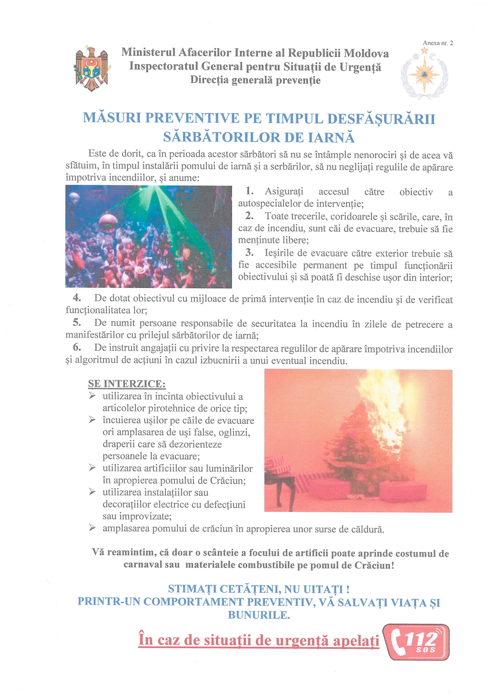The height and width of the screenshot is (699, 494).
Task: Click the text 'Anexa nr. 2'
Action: coord(438,43)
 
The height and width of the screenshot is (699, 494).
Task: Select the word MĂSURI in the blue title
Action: coord(112,118)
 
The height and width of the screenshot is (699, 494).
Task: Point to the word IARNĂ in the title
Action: coord(331,137)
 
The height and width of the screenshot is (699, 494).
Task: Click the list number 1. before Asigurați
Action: coord(249,191)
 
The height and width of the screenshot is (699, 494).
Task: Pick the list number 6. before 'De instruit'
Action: coord(77,347)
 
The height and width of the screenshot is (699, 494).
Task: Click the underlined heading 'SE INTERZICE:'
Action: coord(127,384)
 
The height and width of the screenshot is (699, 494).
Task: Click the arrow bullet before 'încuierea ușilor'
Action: coord(92,420)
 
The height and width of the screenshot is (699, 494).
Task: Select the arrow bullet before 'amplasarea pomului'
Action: coord(92,528)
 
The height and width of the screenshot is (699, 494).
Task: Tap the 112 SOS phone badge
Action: coord(416,642)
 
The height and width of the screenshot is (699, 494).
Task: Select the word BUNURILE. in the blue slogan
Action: coord(259,615)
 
